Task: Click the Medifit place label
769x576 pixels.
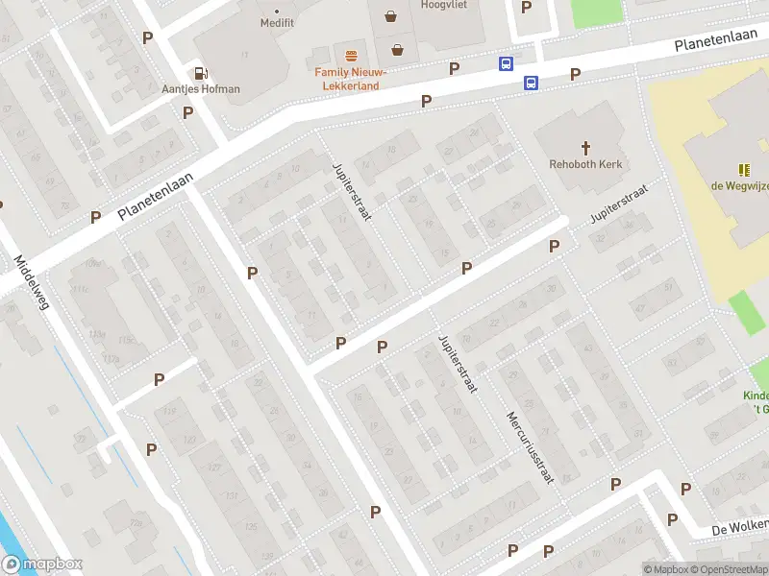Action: [276, 22]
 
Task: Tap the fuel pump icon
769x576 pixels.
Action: [200, 72]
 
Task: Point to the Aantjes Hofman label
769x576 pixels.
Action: [200, 89]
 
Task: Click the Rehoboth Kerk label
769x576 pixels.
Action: [585, 164]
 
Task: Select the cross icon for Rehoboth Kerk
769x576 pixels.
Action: [585, 147]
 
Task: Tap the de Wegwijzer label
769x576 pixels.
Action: [739, 186]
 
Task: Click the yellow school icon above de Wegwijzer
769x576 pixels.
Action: [744, 169]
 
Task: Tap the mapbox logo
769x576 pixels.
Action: [42, 564]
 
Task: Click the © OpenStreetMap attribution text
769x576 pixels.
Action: [731, 569]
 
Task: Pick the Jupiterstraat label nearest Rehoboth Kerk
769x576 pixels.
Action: [619, 203]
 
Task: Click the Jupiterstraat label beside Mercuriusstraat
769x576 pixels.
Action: [458, 365]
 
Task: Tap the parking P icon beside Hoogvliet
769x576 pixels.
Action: [526, 8]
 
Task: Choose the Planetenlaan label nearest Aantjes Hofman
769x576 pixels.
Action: [156, 197]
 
